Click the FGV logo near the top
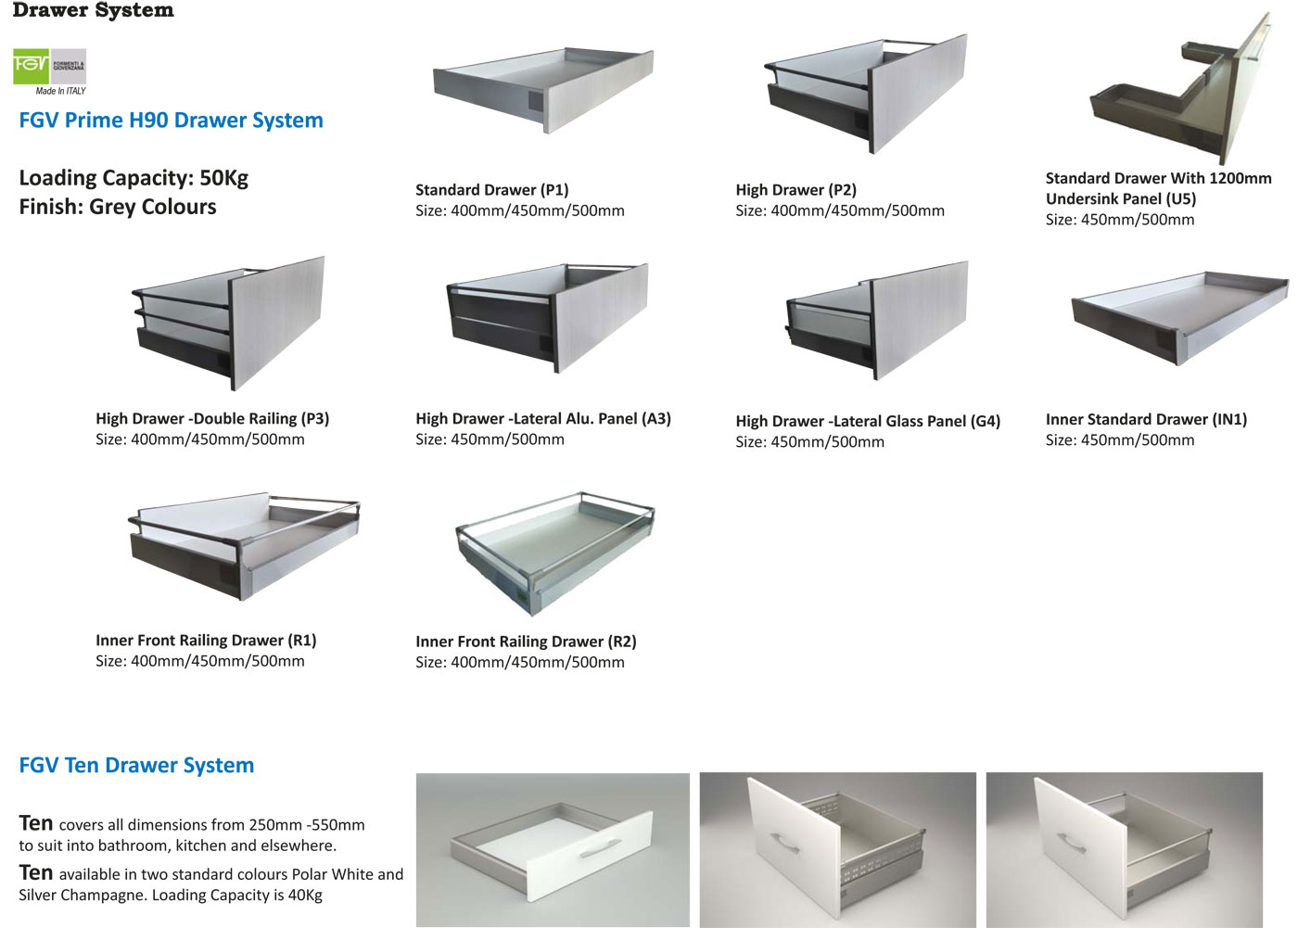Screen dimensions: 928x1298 point(49,66)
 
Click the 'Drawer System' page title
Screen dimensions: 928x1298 point(93,11)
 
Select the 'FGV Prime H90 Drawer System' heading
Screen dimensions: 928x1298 point(171,121)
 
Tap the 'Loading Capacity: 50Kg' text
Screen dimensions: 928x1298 point(134,178)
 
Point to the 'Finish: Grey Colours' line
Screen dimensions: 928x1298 point(118,207)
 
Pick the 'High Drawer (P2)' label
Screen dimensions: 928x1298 point(795,190)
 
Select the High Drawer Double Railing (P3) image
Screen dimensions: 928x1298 point(229,321)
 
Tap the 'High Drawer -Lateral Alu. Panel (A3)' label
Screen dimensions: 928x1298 point(542,419)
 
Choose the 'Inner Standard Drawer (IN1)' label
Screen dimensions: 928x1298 point(1146,420)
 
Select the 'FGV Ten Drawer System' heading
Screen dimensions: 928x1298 point(136,766)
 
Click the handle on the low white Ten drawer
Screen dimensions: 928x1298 point(600,847)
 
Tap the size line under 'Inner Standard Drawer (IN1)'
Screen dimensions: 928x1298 point(1119,440)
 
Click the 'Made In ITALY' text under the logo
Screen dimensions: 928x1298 point(60,91)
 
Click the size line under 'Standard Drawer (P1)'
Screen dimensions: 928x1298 point(519,211)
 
